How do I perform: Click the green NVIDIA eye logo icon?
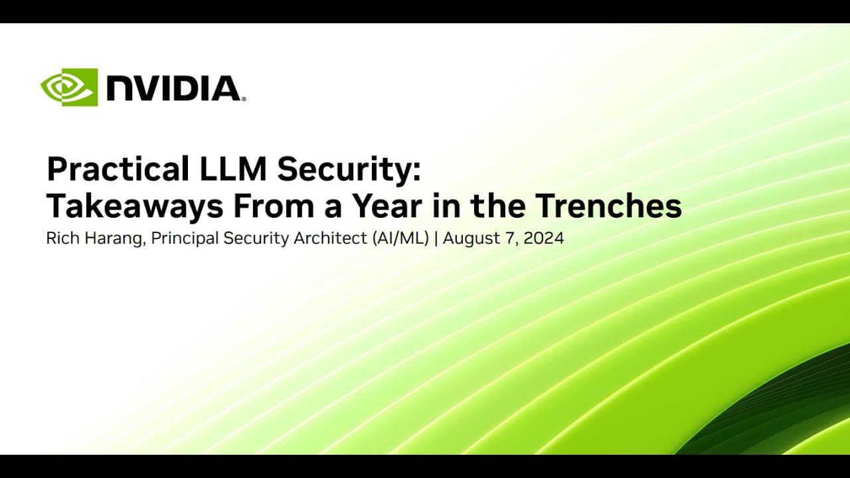[x=69, y=87]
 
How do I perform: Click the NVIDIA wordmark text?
[x=173, y=88]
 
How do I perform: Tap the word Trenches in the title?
[x=608, y=206]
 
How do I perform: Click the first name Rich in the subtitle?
[x=60, y=239]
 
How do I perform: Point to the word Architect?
[x=313, y=239]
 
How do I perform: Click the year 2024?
[x=544, y=239]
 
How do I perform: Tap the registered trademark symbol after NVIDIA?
[x=244, y=99]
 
